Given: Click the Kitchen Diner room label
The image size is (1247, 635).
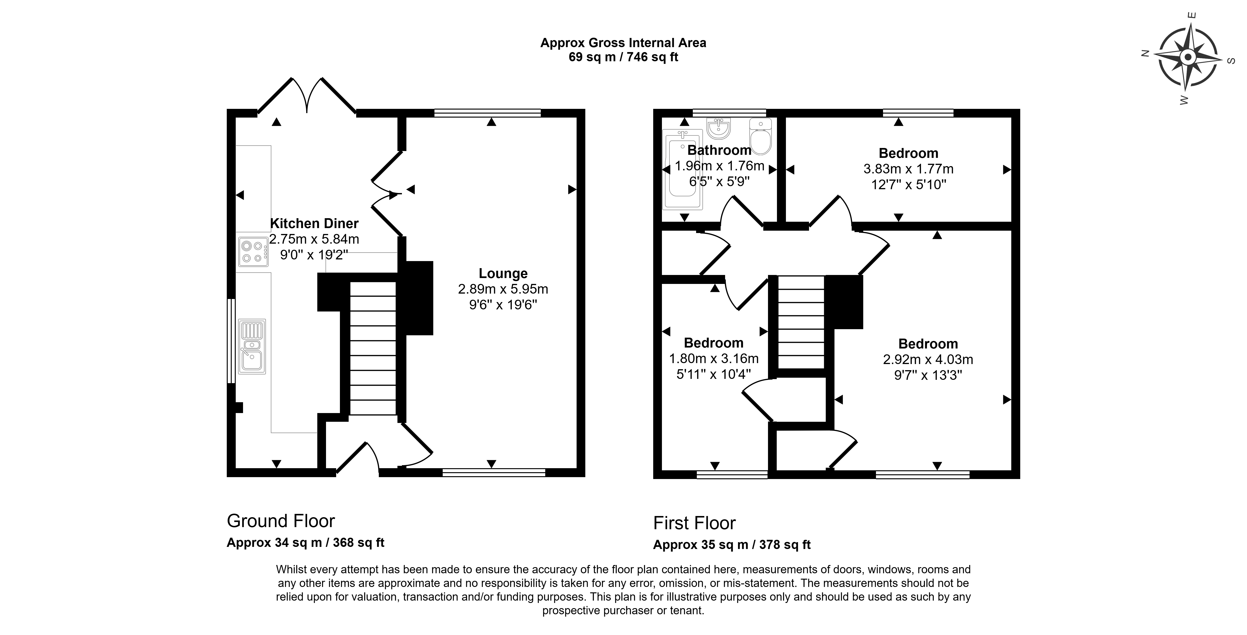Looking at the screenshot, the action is [314, 224].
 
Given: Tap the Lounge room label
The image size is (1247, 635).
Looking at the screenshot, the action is [503, 274].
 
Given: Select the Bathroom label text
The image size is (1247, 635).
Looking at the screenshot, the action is [719, 150].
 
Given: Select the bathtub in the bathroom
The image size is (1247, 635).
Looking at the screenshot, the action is [682, 169].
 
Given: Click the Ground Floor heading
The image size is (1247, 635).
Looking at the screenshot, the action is [281, 521].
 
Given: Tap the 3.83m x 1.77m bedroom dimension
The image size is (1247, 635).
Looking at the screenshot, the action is [909, 169].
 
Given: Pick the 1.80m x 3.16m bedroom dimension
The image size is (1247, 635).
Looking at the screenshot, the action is [714, 359].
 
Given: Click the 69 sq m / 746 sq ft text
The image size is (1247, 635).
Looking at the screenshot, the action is [623, 57].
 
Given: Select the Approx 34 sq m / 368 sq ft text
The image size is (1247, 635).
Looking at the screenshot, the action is [306, 543].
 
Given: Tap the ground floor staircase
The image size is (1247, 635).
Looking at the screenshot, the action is [373, 348].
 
